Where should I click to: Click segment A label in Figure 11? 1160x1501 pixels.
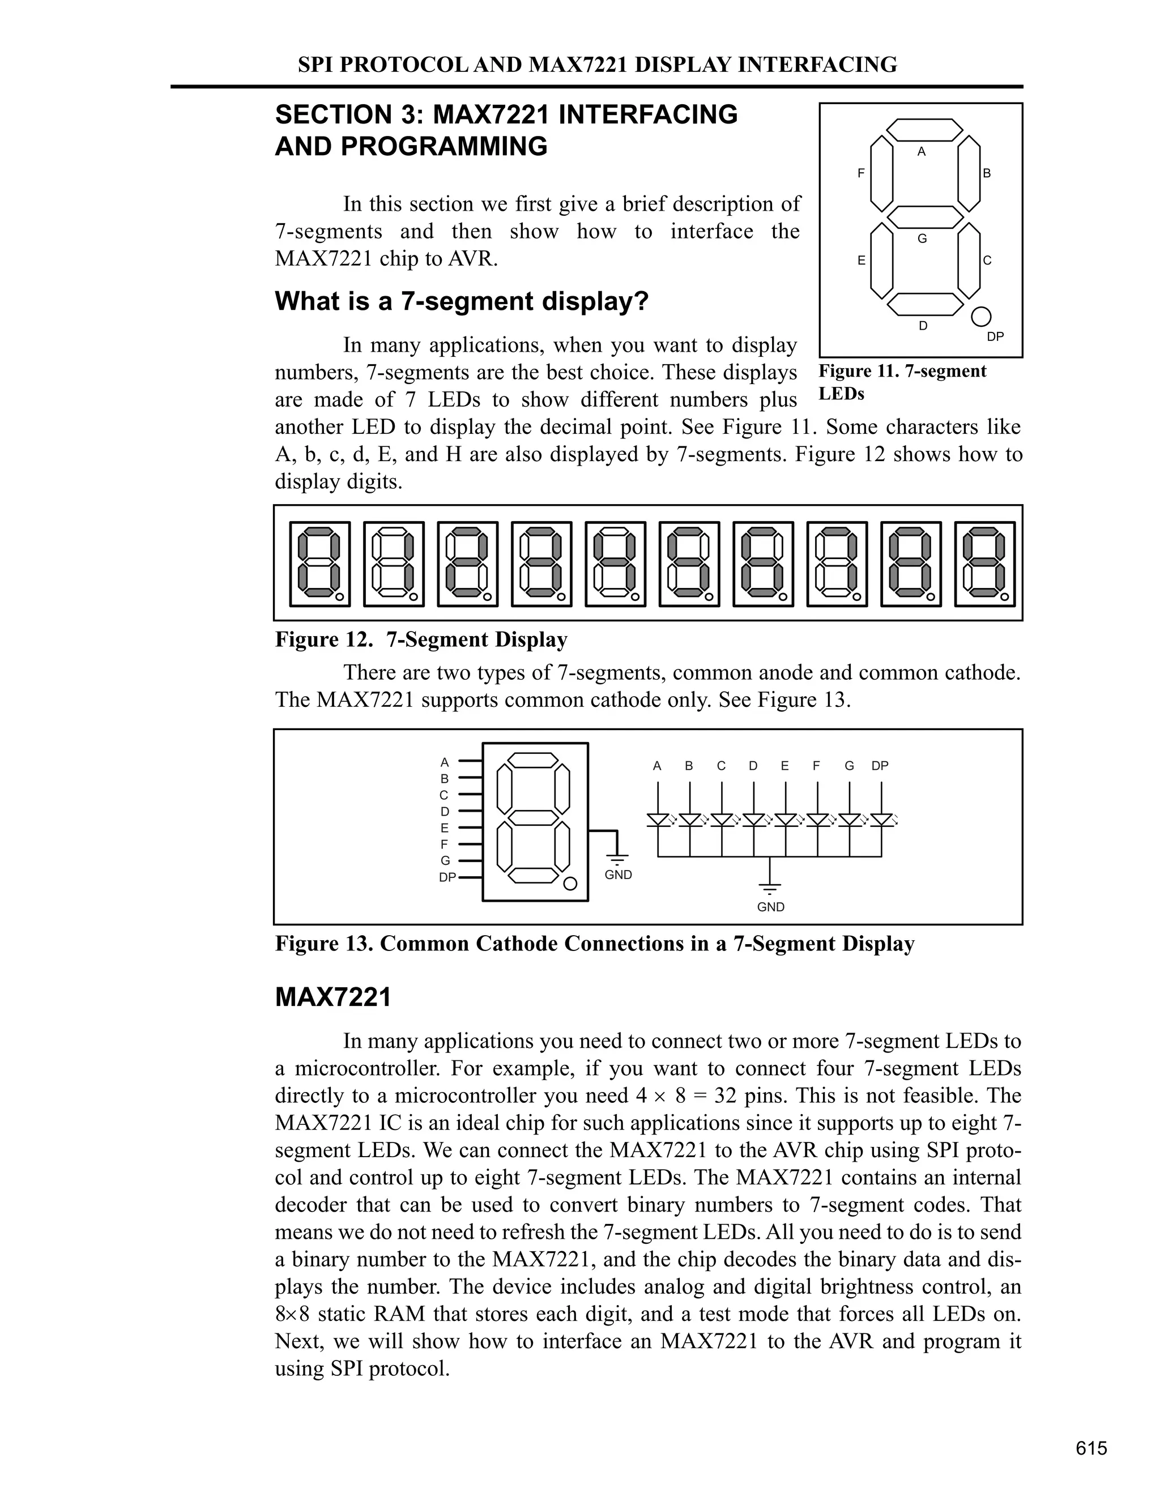[922, 151]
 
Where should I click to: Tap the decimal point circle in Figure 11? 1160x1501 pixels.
[982, 316]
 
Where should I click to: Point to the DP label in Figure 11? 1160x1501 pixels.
[995, 337]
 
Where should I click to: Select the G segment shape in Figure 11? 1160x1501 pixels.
[925, 217]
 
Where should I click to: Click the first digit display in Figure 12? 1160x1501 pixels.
[319, 564]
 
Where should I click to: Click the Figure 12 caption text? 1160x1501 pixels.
[421, 640]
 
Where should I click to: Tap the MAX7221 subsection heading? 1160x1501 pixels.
[332, 997]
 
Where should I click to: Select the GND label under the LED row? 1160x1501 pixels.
[770, 907]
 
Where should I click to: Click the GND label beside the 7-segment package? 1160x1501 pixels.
[618, 875]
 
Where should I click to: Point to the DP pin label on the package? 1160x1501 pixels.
[447, 877]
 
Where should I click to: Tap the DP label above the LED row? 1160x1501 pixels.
[880, 766]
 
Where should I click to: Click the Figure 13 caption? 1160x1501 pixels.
[594, 944]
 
